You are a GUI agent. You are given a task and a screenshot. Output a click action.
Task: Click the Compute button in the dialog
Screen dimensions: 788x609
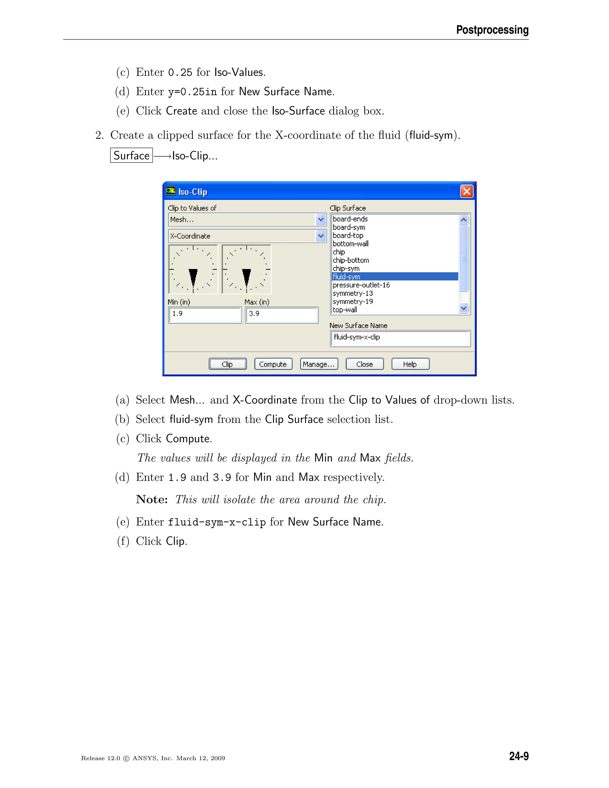(273, 364)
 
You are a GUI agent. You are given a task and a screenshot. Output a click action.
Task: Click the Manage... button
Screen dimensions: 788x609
(319, 364)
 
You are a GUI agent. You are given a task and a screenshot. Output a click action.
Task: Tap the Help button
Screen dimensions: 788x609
(410, 364)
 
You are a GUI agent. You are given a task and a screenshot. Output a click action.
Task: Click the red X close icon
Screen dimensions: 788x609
(467, 191)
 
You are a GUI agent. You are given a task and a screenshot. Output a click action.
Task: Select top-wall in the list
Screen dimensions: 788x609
(345, 310)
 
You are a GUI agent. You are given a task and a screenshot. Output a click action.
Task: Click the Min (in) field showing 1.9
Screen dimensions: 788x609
(205, 315)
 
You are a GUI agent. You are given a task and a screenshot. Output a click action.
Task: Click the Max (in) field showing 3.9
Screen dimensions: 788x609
(281, 315)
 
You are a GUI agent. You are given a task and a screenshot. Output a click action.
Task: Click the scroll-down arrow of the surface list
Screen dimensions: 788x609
(464, 308)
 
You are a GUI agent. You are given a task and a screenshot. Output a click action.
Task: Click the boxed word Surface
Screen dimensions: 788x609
(131, 156)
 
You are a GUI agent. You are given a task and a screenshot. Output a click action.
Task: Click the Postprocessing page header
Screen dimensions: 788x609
(492, 29)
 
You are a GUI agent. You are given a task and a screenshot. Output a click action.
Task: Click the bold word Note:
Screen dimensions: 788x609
(152, 499)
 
